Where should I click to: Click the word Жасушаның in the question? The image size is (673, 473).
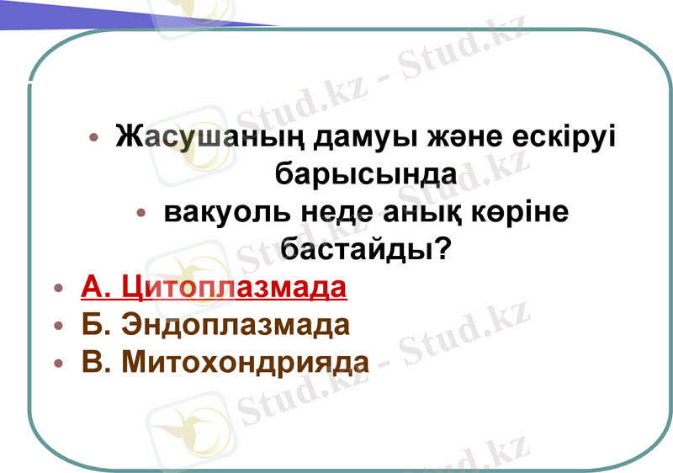click(x=202, y=136)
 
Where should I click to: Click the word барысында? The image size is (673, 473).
click(x=367, y=174)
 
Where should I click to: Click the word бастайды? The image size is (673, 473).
click(x=367, y=250)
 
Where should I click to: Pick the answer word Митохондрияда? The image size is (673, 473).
click(x=245, y=363)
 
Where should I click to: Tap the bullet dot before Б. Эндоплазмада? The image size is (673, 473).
click(x=57, y=327)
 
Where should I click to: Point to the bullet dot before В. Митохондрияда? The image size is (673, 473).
click(x=57, y=364)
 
